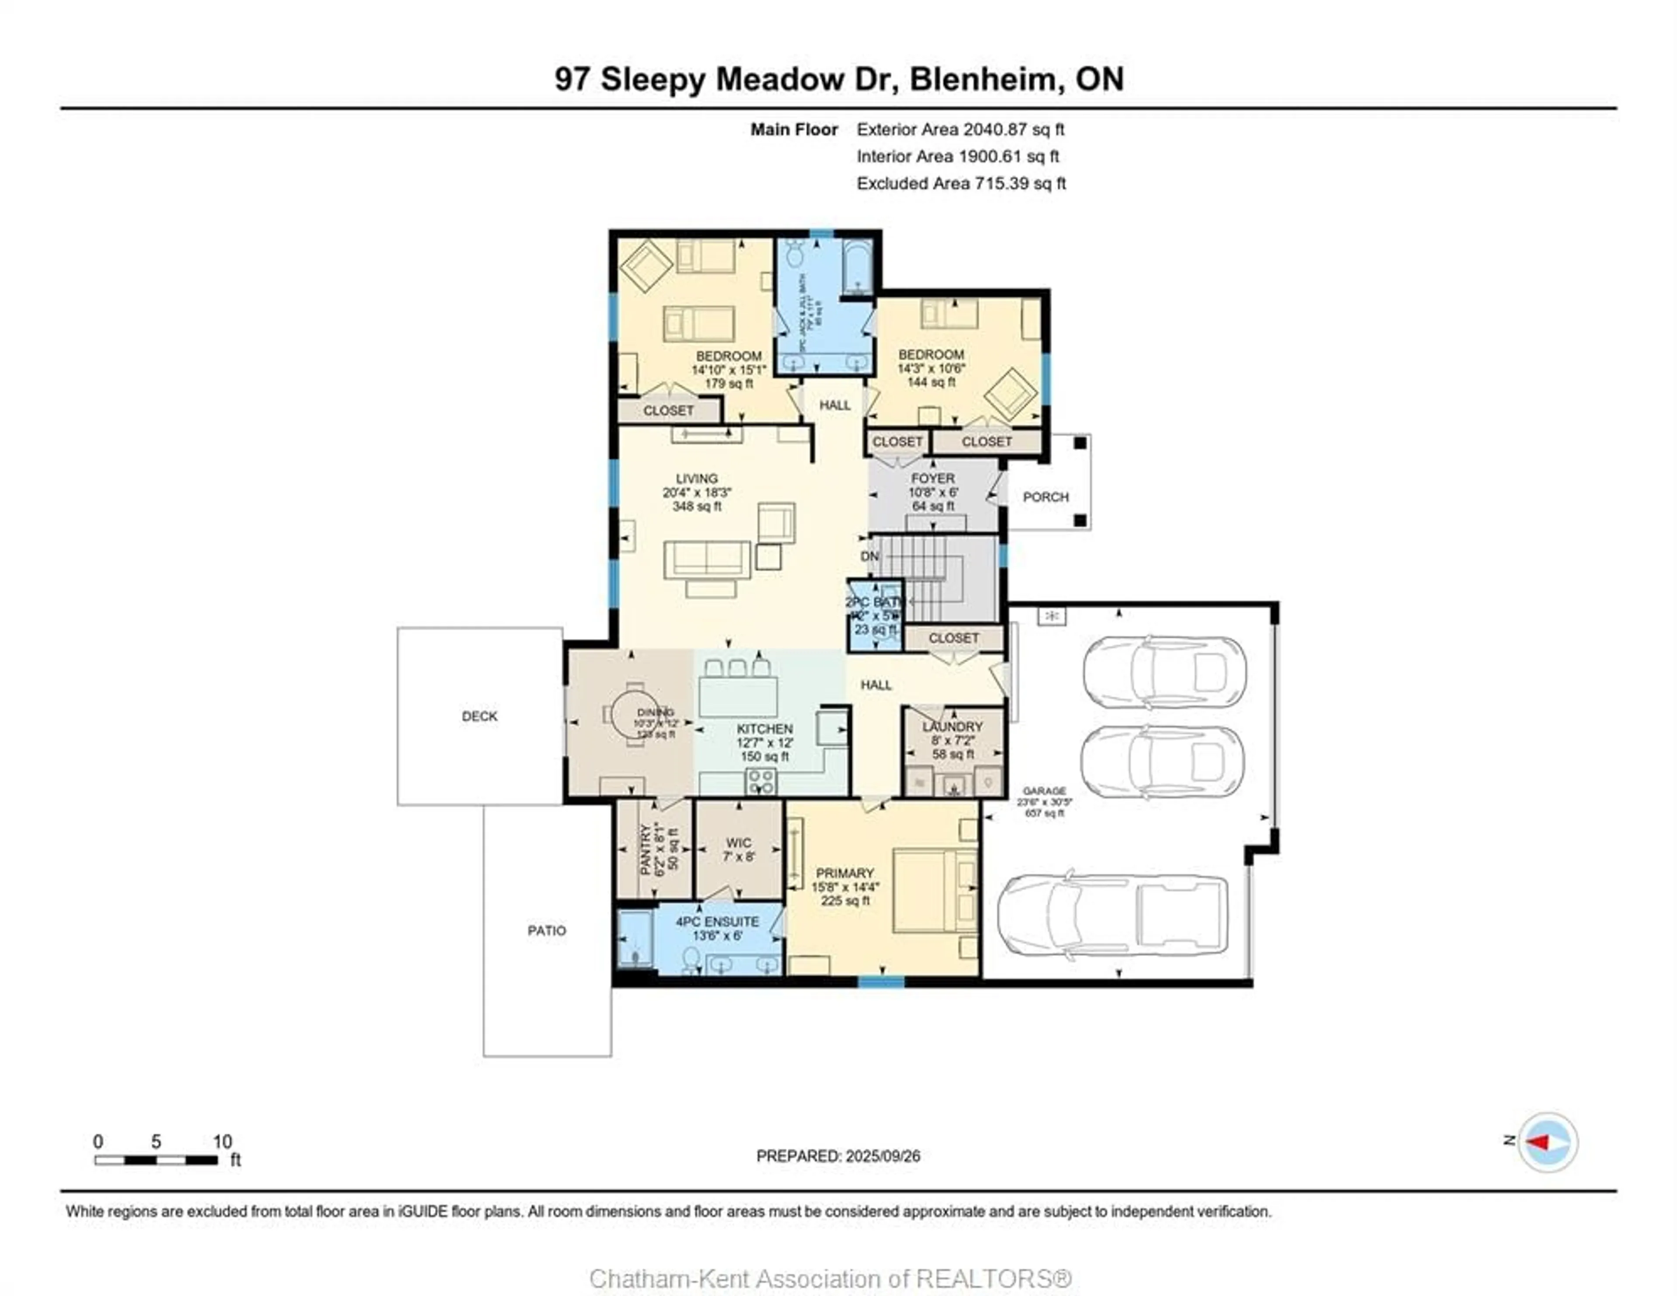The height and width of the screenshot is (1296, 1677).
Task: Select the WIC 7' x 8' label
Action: point(738,849)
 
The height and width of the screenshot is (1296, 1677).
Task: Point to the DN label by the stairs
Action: point(869,556)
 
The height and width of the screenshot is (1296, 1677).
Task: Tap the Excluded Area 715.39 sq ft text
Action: point(961,183)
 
